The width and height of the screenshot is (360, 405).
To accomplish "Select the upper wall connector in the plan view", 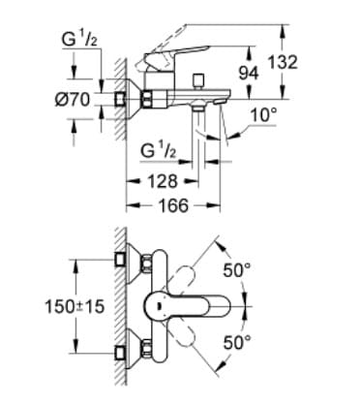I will tap(124, 259).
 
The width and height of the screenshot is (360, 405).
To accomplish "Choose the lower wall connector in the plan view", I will tap(124, 352).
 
